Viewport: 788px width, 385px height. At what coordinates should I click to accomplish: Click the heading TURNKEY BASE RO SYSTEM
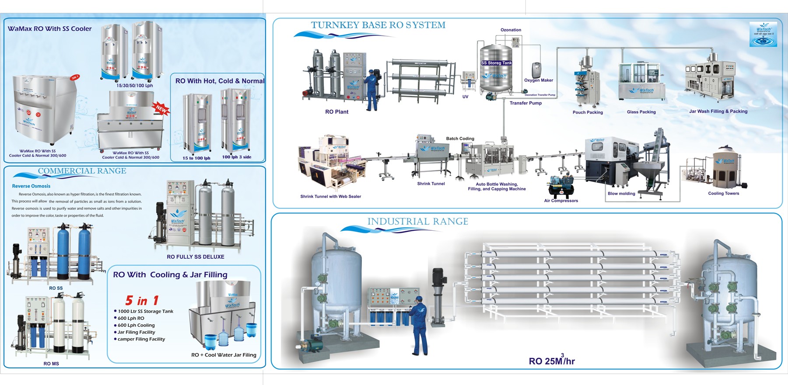point(378,25)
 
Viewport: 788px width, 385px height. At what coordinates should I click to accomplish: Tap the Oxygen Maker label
point(539,80)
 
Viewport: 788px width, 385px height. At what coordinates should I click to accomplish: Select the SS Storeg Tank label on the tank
point(496,63)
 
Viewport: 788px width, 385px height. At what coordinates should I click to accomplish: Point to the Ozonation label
point(511,30)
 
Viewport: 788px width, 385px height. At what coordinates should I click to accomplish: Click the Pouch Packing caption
point(588,112)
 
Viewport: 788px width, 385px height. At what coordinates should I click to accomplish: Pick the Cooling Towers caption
point(723,193)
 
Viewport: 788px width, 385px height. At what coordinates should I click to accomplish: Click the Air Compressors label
point(561,201)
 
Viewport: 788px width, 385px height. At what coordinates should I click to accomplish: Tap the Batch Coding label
point(460,139)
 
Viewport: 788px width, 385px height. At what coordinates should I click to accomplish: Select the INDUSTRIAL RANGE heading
point(417,222)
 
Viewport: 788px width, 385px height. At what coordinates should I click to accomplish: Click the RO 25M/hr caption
point(551,361)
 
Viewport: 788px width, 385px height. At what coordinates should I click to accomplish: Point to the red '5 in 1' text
point(142,301)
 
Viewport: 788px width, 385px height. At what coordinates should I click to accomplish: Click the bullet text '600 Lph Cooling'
point(136,325)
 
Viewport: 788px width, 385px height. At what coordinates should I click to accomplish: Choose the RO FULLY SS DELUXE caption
point(196,257)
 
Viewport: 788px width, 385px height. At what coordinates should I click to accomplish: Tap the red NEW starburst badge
point(161,109)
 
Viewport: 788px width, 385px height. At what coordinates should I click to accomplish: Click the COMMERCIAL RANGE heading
point(82,171)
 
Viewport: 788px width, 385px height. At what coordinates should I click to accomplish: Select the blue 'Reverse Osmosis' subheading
point(31,186)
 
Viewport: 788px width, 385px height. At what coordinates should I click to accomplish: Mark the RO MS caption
point(51,364)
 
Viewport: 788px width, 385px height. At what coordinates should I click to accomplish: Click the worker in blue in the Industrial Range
point(419,326)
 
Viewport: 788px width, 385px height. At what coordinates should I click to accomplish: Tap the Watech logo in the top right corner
point(763,34)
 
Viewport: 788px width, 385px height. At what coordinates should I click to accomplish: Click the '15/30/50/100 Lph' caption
point(135,86)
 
